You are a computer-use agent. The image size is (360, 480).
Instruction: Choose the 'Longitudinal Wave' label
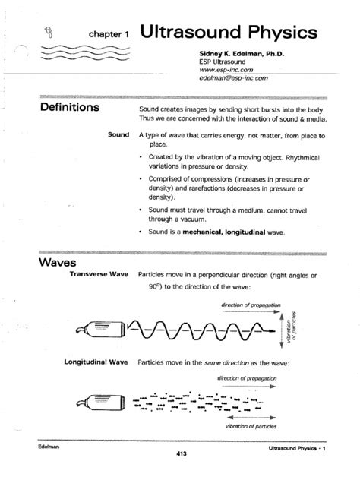coord(87,362)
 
